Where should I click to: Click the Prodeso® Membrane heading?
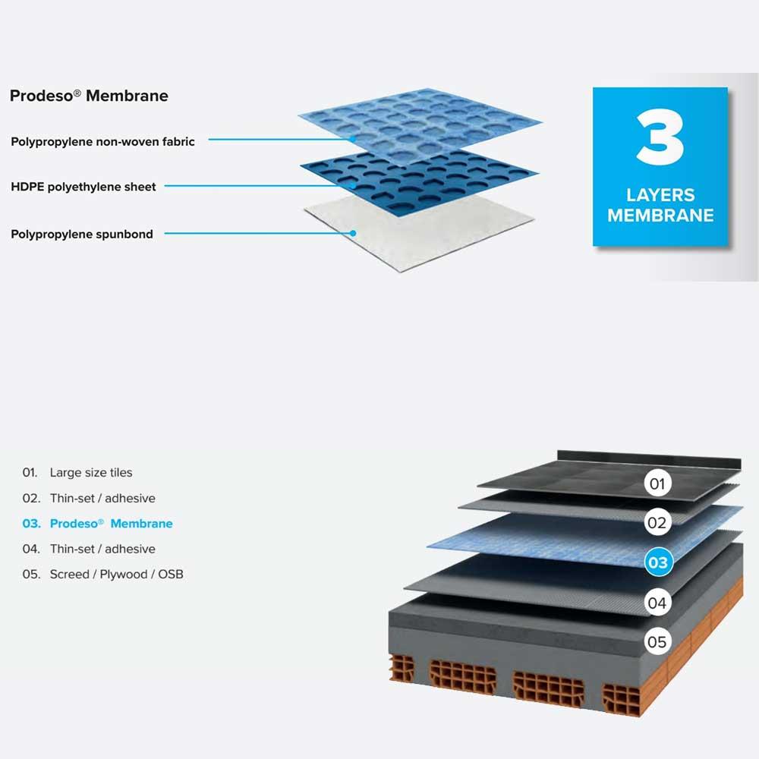pos(89,96)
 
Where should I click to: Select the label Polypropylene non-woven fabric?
pos(102,142)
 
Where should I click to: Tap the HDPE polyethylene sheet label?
pos(83,187)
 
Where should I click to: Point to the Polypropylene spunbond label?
pos(82,235)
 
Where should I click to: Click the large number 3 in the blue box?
pos(660,137)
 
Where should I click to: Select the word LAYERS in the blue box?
pos(660,195)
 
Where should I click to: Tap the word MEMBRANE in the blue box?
pos(660,216)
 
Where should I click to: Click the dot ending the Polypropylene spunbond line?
pos(354,233)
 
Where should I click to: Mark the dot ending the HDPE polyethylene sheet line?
pos(354,185)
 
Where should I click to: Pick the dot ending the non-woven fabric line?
pos(354,140)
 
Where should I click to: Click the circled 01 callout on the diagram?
pos(657,483)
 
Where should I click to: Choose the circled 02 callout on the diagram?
pos(657,523)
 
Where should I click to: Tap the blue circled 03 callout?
pos(658,562)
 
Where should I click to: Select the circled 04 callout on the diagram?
pos(657,603)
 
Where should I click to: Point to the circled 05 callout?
pos(657,642)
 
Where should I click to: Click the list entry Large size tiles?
pos(91,472)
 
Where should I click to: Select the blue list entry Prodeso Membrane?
pos(112,524)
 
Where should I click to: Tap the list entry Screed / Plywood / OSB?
pos(117,574)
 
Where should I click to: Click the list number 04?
pos(30,549)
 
